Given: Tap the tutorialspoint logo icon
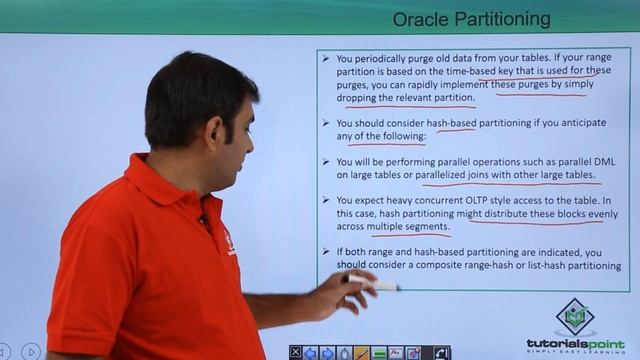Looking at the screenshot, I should (574, 318).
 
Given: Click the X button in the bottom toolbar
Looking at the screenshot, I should (296, 352).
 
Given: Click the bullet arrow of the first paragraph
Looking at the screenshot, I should (326, 58).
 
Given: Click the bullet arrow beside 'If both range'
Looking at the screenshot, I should (326, 252).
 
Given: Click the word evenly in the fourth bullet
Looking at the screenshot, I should (596, 213).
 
